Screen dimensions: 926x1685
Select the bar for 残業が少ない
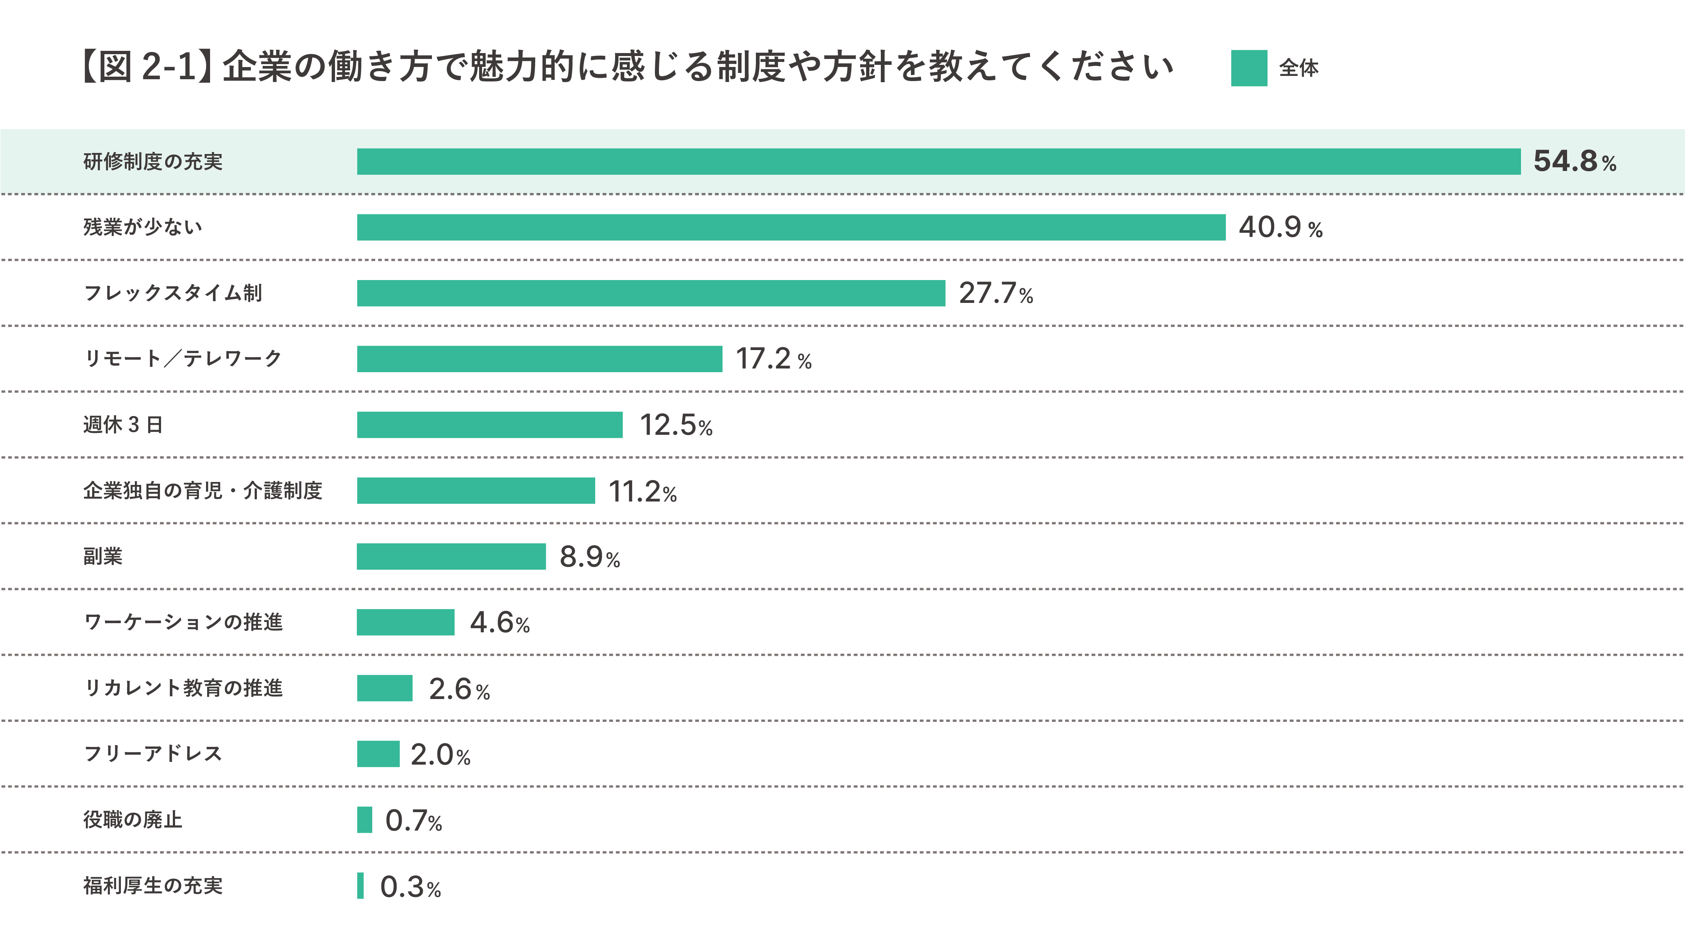click(791, 228)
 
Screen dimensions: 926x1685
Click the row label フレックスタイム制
click(173, 293)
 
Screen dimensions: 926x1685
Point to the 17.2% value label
click(773, 359)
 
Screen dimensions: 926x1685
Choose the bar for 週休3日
click(489, 425)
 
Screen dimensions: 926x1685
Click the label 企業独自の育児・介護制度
click(203, 490)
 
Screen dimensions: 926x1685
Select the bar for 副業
click(451, 556)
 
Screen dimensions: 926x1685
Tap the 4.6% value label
click(499, 623)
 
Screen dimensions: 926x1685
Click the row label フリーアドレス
click(153, 754)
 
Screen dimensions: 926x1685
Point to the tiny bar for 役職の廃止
click(364, 820)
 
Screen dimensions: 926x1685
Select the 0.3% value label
click(410, 887)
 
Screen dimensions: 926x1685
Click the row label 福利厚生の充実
click(153, 885)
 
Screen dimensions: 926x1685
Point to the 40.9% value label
click(1280, 228)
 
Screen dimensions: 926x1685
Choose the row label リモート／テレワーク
click(182, 359)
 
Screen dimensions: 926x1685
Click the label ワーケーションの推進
click(183, 622)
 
